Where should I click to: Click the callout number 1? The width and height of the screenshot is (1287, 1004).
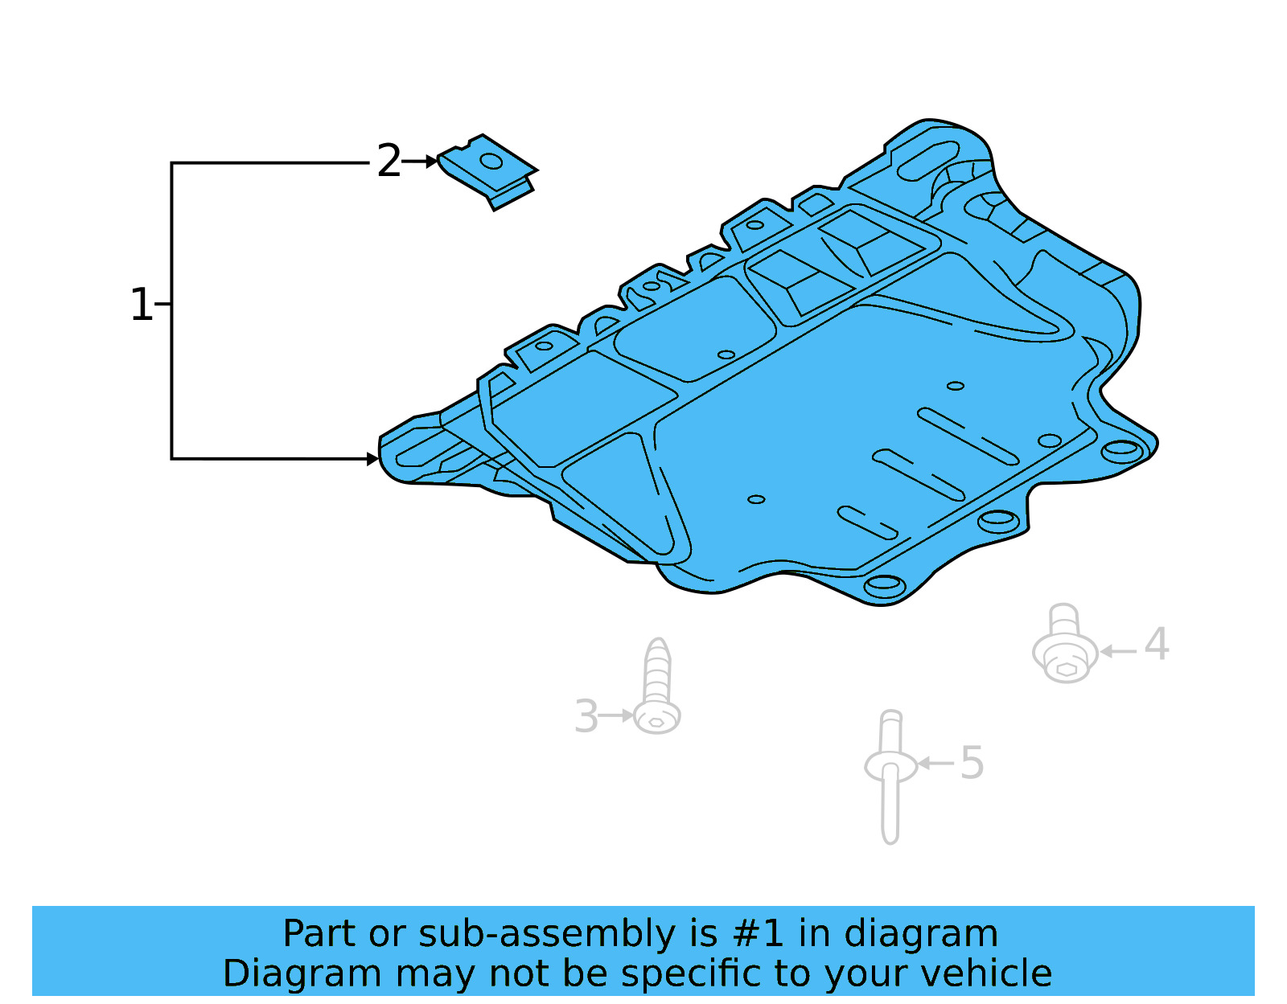point(141,305)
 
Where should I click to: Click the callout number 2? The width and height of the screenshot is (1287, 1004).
point(389,162)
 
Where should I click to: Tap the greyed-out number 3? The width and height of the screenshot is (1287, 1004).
point(586,716)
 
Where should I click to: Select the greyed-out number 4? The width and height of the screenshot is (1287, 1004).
point(1157,645)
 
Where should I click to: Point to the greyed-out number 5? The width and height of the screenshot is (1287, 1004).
point(972,763)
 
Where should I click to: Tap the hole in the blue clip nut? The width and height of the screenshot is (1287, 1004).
point(491,162)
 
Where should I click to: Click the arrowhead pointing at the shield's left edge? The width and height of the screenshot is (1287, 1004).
point(372,459)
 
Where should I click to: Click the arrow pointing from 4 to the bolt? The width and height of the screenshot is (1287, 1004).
point(1117,651)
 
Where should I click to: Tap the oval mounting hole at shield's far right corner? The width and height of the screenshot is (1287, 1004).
point(1120,450)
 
